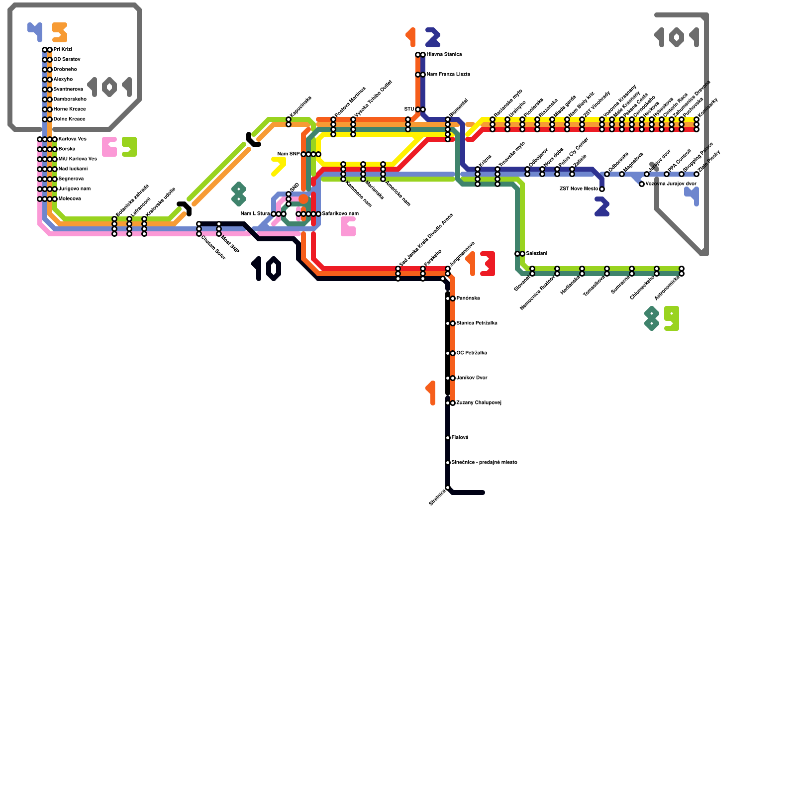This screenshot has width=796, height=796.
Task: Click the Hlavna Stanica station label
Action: coord(444,54)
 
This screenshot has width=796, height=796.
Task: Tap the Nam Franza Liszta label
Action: coord(448,74)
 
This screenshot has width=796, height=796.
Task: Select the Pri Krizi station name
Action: coord(63,49)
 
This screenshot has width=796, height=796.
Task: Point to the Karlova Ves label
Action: coord(72,139)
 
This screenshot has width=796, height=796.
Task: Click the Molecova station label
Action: coord(70,199)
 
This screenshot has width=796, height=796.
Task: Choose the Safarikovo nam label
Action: coord(340,213)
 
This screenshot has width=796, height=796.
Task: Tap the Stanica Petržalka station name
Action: coord(477,323)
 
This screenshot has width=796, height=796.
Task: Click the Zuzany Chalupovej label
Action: coord(479,402)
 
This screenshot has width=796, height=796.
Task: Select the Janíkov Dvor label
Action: coord(472,378)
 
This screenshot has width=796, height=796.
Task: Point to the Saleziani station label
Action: coord(536,253)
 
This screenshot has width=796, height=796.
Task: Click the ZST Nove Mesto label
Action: coord(579,189)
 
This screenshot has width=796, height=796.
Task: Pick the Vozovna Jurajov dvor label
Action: coord(671,184)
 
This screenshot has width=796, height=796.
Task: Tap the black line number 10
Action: coord(267,269)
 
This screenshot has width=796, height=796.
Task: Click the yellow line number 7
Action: coord(279,166)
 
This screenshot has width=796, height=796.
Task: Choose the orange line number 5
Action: coord(60,32)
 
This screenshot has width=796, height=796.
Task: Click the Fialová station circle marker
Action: coord(448,438)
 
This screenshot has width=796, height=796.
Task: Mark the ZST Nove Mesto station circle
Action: coord(602,189)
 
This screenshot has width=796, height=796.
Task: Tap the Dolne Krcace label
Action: coord(69,119)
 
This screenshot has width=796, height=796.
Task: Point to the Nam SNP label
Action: coord(289,154)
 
